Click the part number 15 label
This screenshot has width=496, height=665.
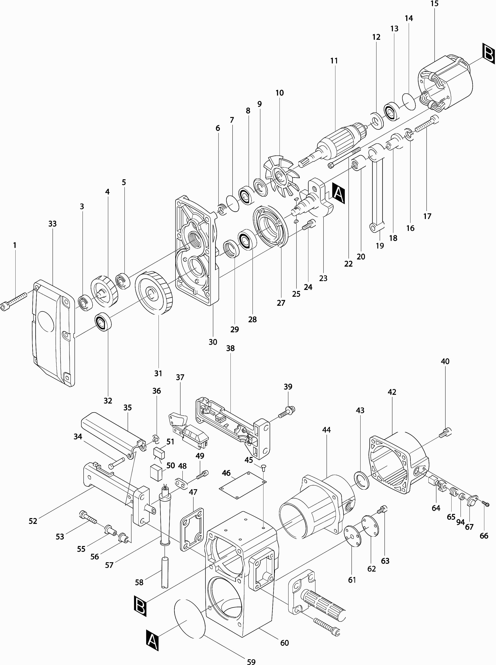click(434, 4)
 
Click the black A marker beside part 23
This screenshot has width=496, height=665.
click(338, 194)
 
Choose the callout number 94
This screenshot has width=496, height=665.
click(460, 522)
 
